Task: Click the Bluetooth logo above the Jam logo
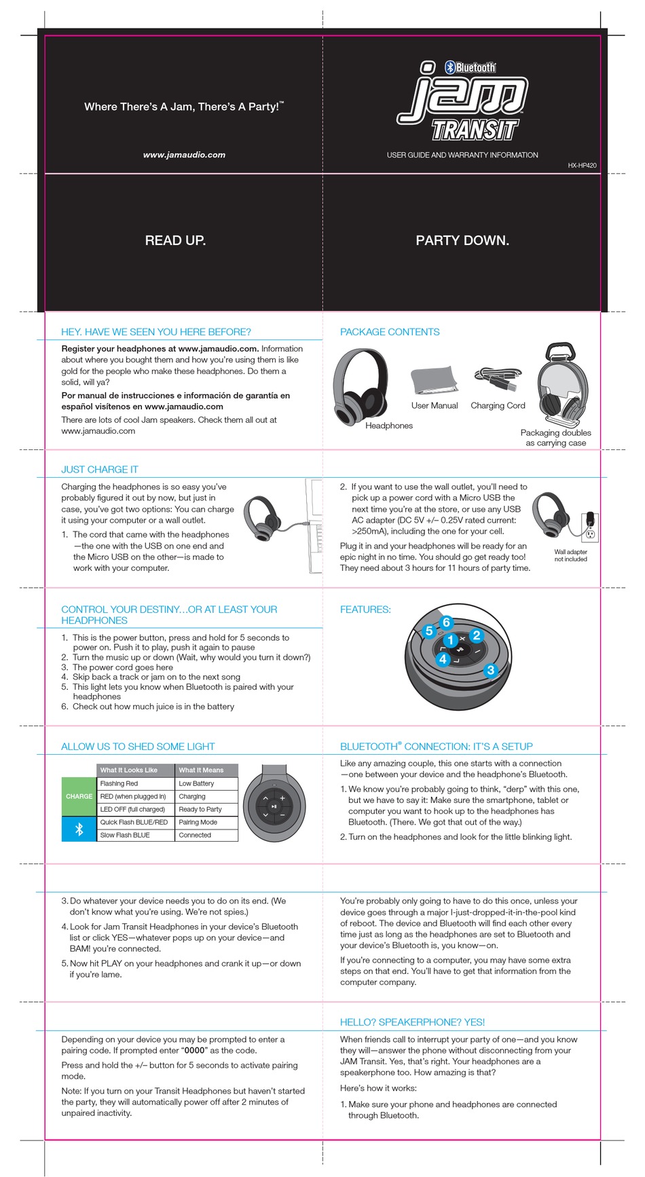471,67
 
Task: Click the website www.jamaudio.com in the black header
184,155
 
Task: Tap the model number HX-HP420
582,166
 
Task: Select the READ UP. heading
175,240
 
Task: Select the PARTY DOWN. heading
462,240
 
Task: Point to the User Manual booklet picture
433,380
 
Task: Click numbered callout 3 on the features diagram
491,670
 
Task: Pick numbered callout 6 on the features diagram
446,622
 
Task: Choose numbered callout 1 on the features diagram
449,640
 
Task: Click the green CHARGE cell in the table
79,796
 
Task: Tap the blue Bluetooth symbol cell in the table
79,829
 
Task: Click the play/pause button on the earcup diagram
274,806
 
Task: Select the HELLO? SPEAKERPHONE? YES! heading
412,1022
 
